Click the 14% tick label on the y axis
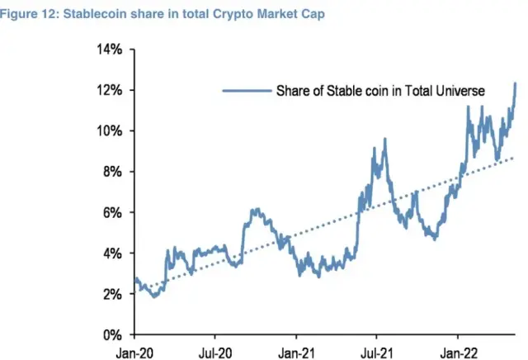111,50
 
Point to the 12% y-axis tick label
111,90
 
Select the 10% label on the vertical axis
111,131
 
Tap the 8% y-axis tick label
113,172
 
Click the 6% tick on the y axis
113,213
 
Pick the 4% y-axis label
113,253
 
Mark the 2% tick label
113,294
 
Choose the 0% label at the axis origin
113,335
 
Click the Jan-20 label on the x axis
134,351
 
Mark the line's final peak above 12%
516,83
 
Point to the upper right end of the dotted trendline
515,158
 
